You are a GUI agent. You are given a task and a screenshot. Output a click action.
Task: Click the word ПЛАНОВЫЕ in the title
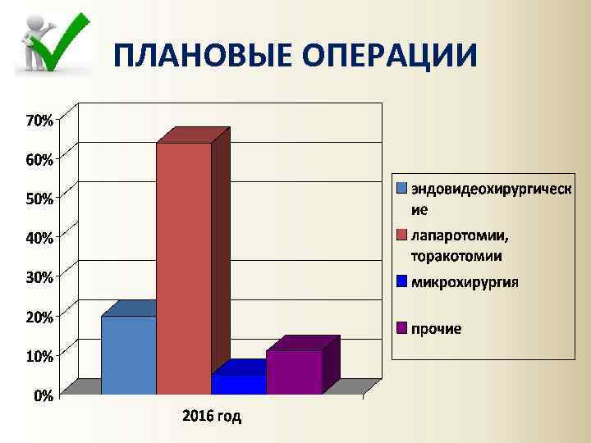(x=202, y=55)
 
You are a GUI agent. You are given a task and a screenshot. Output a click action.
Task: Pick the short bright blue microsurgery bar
(x=239, y=384)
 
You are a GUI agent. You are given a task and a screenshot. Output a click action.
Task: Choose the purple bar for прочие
(x=294, y=371)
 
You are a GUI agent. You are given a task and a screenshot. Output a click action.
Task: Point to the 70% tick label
(x=39, y=121)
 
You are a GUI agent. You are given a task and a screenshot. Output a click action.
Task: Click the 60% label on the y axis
(x=39, y=160)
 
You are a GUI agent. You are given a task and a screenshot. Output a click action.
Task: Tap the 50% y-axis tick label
(x=39, y=199)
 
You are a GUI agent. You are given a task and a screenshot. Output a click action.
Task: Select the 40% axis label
(x=39, y=238)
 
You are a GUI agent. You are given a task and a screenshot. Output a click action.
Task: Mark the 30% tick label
(x=39, y=277)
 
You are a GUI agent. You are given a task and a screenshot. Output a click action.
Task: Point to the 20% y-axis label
(x=39, y=317)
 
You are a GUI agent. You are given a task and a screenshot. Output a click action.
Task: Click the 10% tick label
(x=39, y=356)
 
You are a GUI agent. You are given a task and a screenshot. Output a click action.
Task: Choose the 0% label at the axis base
(x=44, y=395)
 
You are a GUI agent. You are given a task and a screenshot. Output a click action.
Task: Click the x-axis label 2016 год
(x=212, y=417)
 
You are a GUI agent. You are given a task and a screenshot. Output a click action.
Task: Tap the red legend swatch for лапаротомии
(x=402, y=236)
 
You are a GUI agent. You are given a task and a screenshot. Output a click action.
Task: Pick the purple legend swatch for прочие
(x=402, y=328)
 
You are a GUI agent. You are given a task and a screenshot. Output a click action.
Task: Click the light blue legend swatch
(x=402, y=188)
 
